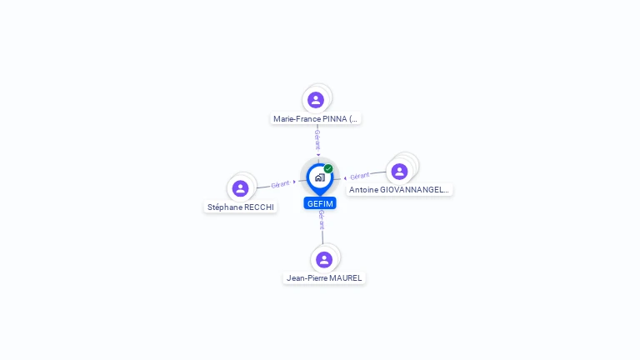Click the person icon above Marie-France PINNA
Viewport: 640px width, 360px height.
[316, 100]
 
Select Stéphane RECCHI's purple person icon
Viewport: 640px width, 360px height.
[241, 188]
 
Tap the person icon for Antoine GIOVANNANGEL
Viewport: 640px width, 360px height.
[399, 171]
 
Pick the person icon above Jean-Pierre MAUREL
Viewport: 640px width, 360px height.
[324, 259]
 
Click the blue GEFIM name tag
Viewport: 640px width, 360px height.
[320, 203]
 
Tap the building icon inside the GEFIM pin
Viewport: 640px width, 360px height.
[319, 177]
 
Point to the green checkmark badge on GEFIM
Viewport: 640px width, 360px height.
[328, 168]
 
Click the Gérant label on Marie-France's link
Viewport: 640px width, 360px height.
[317, 138]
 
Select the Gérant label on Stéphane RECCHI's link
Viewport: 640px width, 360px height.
[280, 183]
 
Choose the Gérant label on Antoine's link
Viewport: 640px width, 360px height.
[360, 176]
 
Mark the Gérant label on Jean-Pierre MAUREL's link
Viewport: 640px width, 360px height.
[322, 219]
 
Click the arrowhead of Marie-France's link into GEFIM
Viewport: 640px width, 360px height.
[317, 155]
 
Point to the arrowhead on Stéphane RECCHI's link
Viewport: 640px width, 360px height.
[294, 181]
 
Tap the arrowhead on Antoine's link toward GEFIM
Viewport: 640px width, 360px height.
[345, 177]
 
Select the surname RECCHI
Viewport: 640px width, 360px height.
[259, 207]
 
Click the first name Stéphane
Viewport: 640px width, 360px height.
[225, 207]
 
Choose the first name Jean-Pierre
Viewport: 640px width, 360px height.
[305, 278]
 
